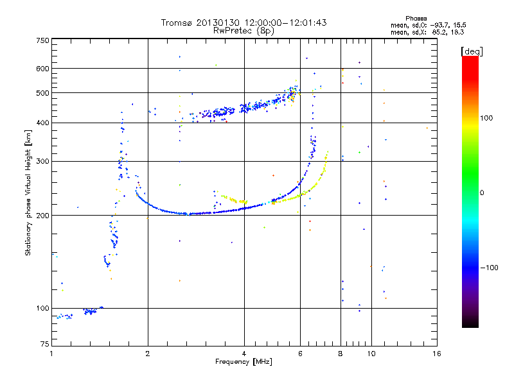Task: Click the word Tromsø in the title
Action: (x=176, y=22)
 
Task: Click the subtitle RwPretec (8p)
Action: (x=244, y=31)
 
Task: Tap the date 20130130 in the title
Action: (x=218, y=22)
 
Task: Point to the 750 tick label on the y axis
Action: (x=43, y=40)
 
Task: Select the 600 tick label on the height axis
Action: (x=43, y=69)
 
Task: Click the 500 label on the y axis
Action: (x=43, y=93)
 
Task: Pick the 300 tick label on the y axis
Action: (x=43, y=162)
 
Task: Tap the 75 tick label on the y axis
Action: (x=45, y=344)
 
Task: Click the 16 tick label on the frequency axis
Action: (x=437, y=354)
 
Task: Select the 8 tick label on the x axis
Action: (x=341, y=354)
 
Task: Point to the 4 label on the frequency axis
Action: (x=244, y=354)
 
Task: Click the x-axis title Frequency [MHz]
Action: (x=244, y=362)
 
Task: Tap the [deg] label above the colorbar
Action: (x=472, y=51)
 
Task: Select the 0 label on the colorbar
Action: (x=482, y=193)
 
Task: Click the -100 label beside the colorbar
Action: (x=489, y=268)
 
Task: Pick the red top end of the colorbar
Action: (x=470, y=58)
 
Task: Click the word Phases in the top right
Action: (x=416, y=19)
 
